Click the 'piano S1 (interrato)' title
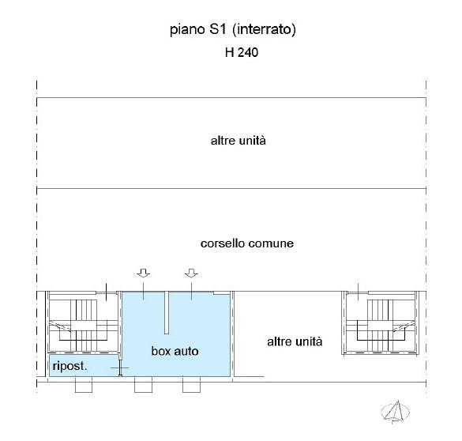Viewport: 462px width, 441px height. tap(233, 29)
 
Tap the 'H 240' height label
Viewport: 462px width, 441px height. tap(242, 52)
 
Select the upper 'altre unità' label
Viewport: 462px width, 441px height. tap(238, 141)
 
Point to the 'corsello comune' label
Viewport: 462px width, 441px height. tap(247, 243)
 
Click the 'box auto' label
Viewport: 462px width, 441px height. tap(175, 351)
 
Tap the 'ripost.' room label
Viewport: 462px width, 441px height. tap(69, 366)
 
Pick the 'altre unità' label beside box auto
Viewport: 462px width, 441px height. tap(295, 341)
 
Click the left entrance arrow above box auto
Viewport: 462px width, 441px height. tap(144, 273)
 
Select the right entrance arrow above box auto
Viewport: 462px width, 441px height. tap(191, 273)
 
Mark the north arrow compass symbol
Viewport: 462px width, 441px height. tap(396, 412)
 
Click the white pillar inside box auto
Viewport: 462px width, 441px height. tap(167, 312)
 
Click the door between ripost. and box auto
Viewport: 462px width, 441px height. tap(120, 367)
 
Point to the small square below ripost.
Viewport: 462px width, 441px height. tap(84, 385)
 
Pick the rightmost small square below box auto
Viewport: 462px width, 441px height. tap(192, 385)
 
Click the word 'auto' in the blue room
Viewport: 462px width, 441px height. tap(186, 351)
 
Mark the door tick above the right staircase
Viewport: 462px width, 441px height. tap(359, 292)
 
